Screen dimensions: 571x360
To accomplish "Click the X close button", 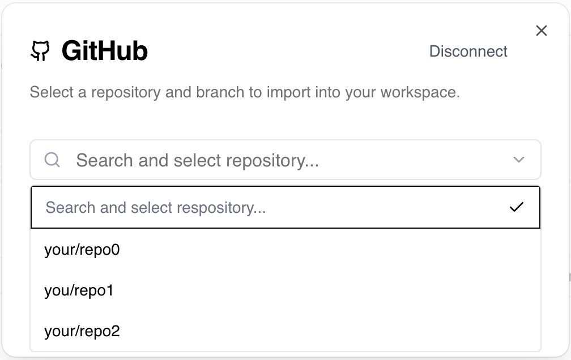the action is (x=542, y=31).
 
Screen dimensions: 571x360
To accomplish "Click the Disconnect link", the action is (x=468, y=52).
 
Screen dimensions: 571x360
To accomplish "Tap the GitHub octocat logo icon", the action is (x=40, y=51).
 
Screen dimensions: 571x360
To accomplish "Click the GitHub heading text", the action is (x=105, y=50).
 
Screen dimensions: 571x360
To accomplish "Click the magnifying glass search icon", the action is (x=52, y=160).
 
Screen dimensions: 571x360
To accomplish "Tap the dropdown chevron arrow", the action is (x=518, y=160).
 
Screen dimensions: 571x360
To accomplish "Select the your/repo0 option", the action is (x=82, y=250).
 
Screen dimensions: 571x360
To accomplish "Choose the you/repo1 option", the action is (x=79, y=291).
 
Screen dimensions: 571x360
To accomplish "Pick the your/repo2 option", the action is (x=82, y=332).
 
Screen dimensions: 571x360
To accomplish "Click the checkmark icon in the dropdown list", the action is (x=517, y=207).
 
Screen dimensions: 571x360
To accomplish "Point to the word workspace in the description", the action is (x=420, y=92).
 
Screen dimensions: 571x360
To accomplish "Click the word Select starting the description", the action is (x=52, y=92).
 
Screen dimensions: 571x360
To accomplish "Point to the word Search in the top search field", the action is (x=104, y=160).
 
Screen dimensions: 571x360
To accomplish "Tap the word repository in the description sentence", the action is (x=126, y=92).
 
